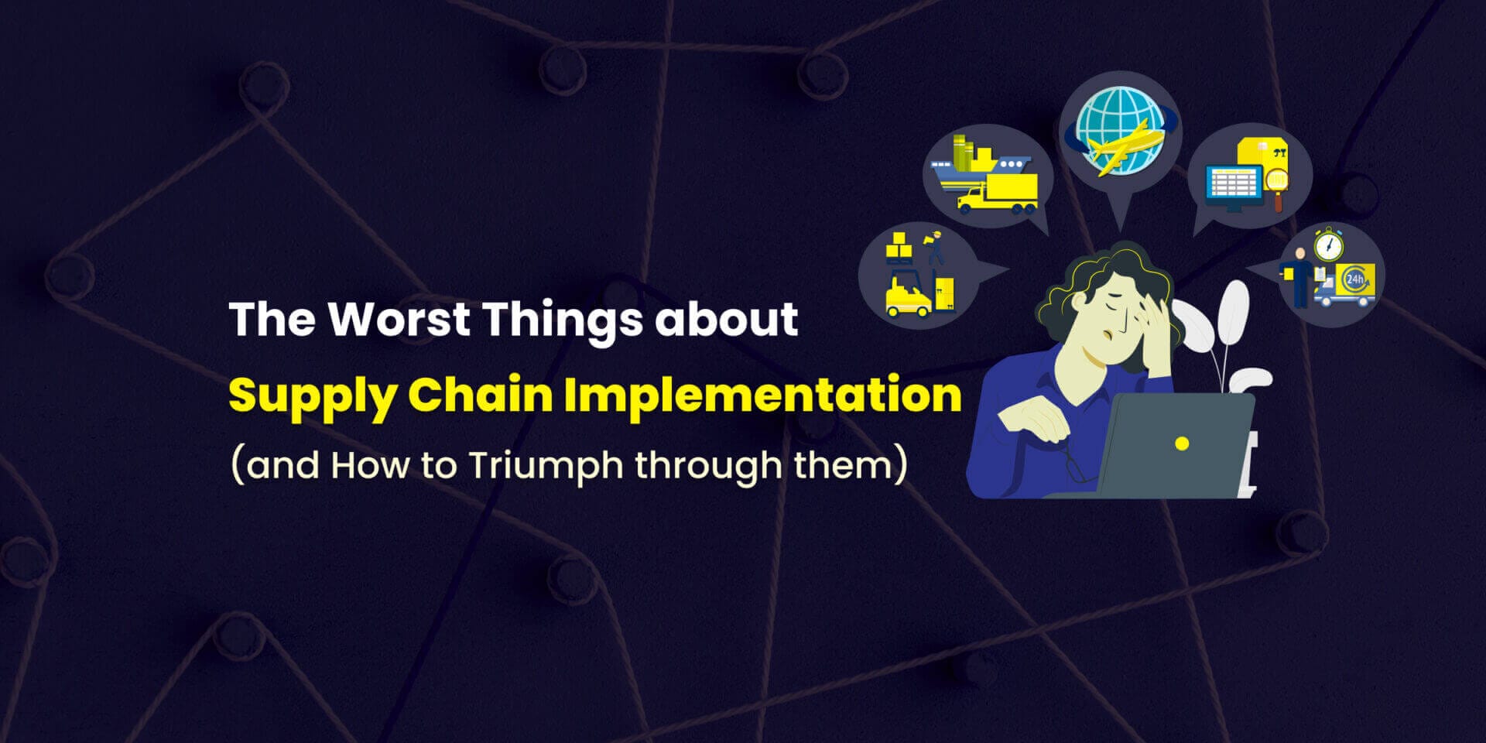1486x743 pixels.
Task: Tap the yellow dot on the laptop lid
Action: (1181, 443)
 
